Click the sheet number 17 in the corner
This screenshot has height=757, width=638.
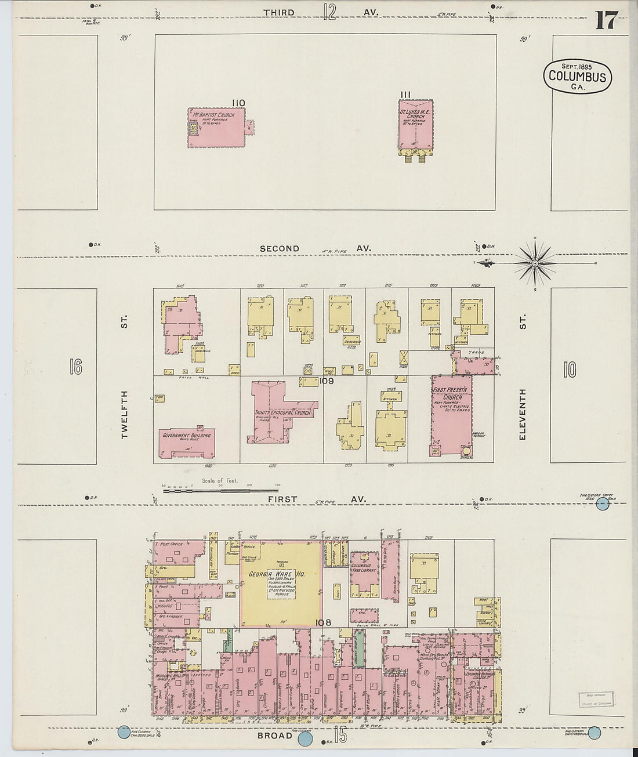pyautogui.click(x=606, y=21)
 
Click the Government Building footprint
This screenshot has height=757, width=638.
pyautogui.click(x=186, y=443)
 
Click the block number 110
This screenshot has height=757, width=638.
pyautogui.click(x=238, y=103)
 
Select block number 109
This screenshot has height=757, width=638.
pyautogui.click(x=327, y=381)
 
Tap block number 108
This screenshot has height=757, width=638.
pyautogui.click(x=323, y=623)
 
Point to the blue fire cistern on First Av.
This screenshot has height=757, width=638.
pyautogui.click(x=603, y=504)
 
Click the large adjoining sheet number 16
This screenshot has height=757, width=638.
pyautogui.click(x=75, y=367)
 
